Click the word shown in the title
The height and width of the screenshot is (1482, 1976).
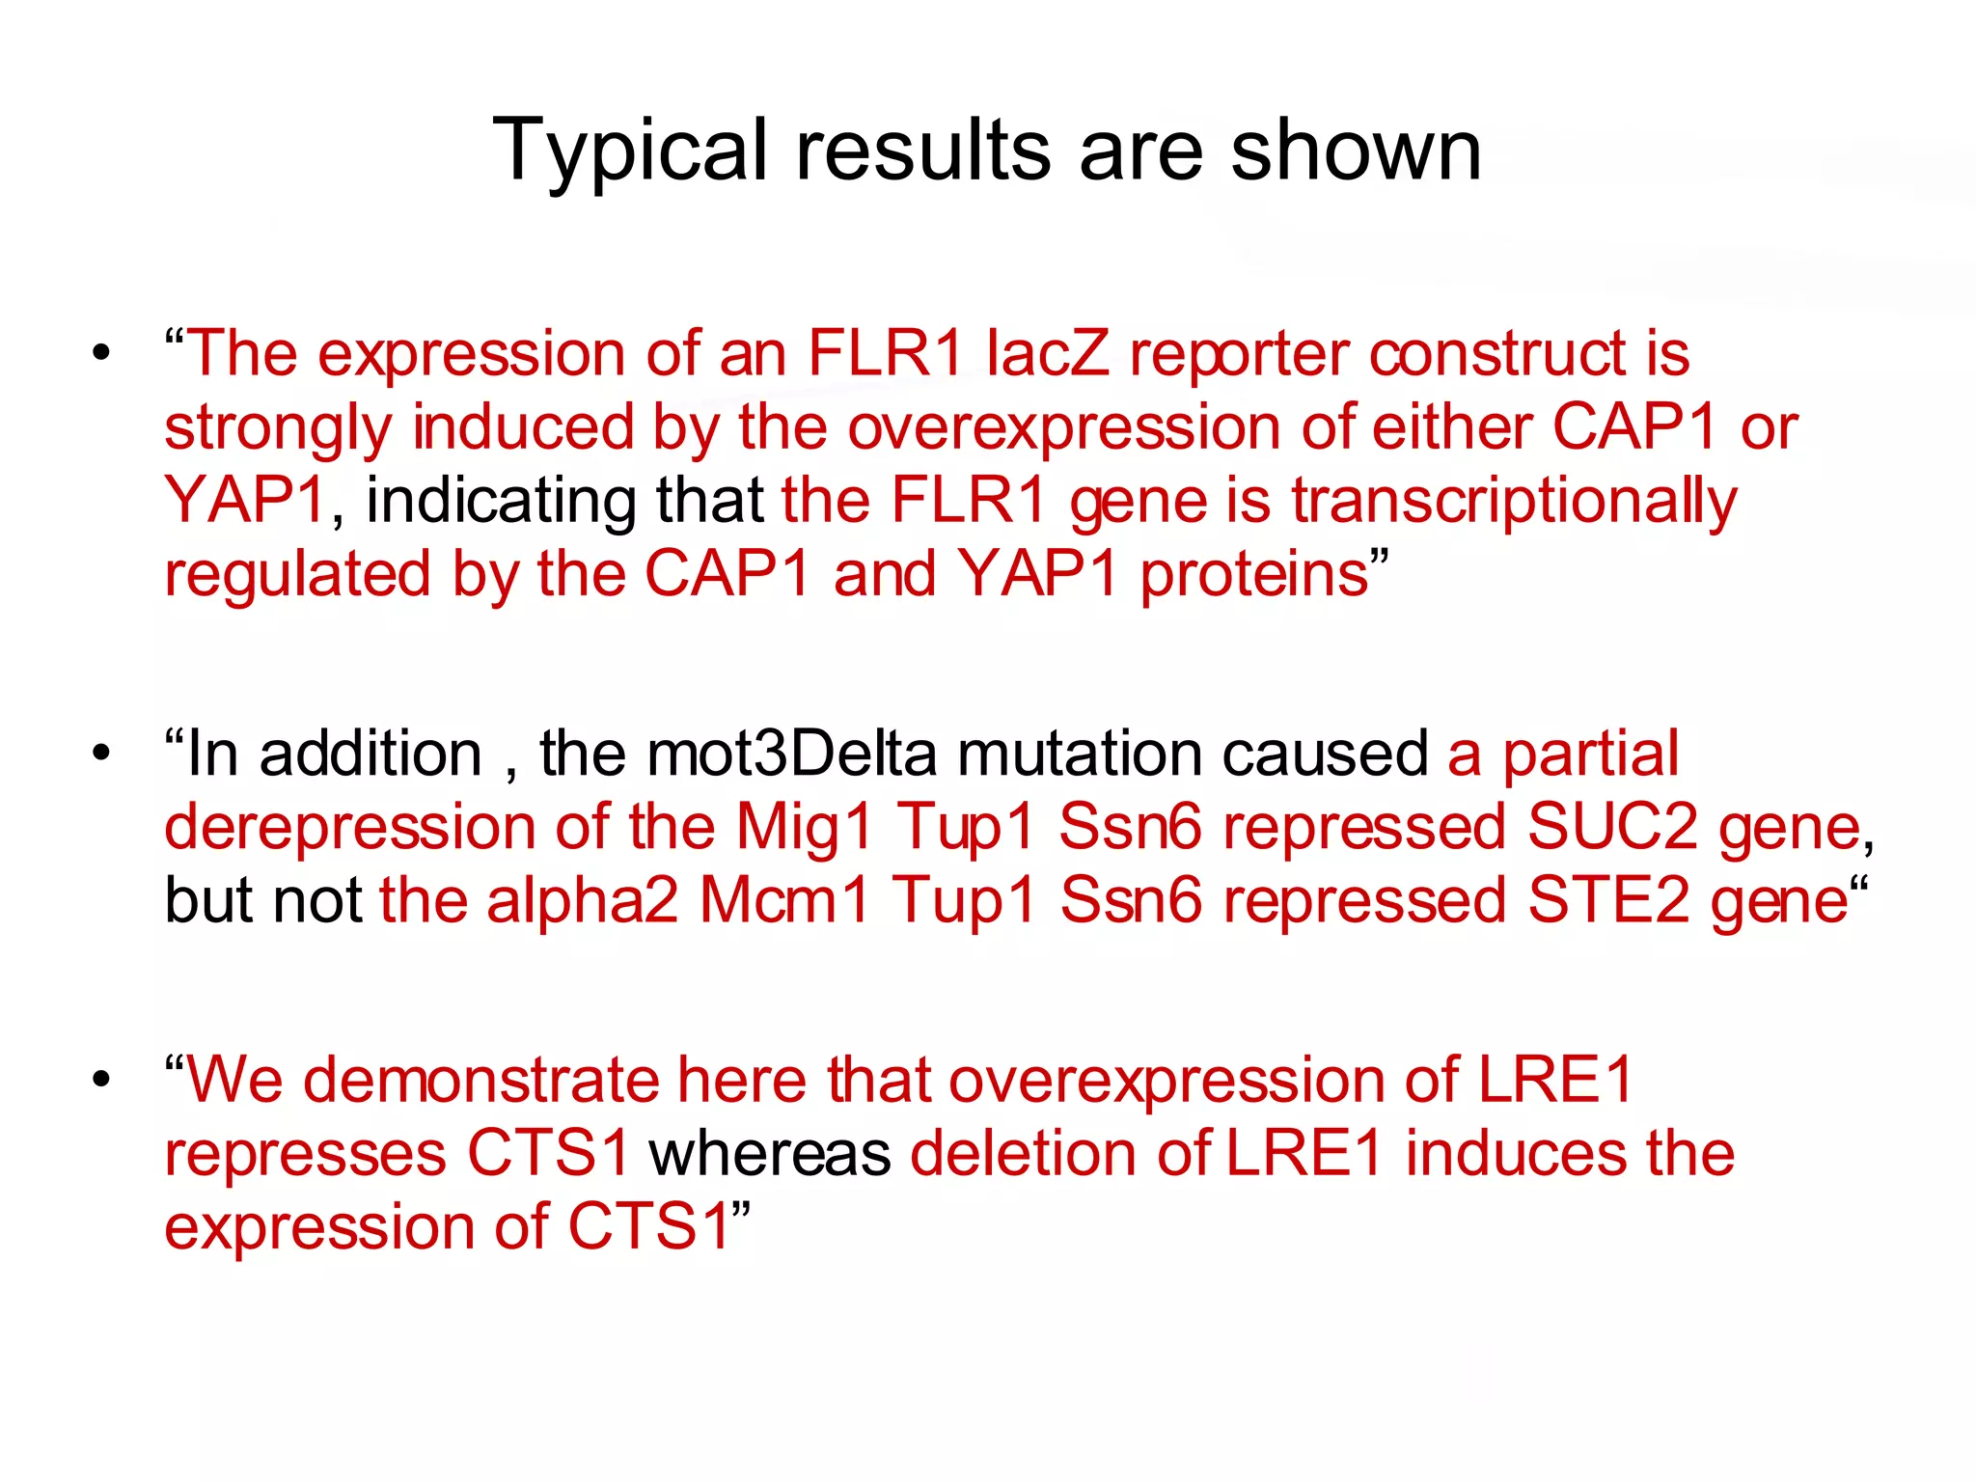[x=1356, y=152]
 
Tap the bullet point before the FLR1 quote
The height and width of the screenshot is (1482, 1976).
[x=101, y=354]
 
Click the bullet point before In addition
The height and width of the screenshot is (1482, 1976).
[x=101, y=754]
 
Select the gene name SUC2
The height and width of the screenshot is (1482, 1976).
[x=1612, y=828]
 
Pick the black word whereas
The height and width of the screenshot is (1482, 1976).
[x=770, y=1155]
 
